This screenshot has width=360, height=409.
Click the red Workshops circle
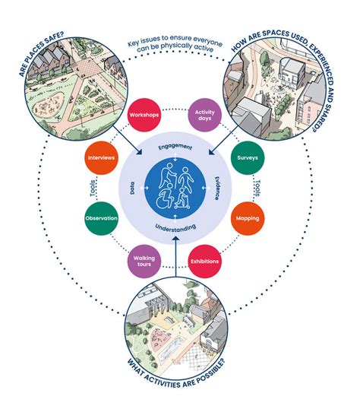[x=144, y=115]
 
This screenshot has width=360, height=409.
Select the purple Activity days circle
[x=204, y=115]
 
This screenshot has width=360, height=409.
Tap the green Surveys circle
[x=248, y=158]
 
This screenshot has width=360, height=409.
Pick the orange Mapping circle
[x=248, y=218]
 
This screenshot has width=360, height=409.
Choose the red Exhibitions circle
[x=204, y=262]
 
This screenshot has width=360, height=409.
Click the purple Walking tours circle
[x=144, y=262]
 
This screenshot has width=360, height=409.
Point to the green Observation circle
[x=101, y=218]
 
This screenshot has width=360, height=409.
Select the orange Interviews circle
[x=101, y=158]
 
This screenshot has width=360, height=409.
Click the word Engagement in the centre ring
[x=175, y=147]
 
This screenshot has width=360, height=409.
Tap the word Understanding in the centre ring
[x=175, y=227]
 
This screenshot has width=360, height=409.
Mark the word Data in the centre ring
[x=132, y=188]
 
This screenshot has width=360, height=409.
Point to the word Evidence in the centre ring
[x=217, y=188]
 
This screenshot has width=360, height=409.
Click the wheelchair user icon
[x=165, y=198]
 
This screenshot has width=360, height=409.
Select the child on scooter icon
[x=183, y=198]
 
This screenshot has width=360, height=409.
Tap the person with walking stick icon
[x=168, y=175]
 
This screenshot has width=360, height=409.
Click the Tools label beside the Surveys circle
[x=257, y=188]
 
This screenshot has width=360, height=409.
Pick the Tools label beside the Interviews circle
[x=93, y=188]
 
